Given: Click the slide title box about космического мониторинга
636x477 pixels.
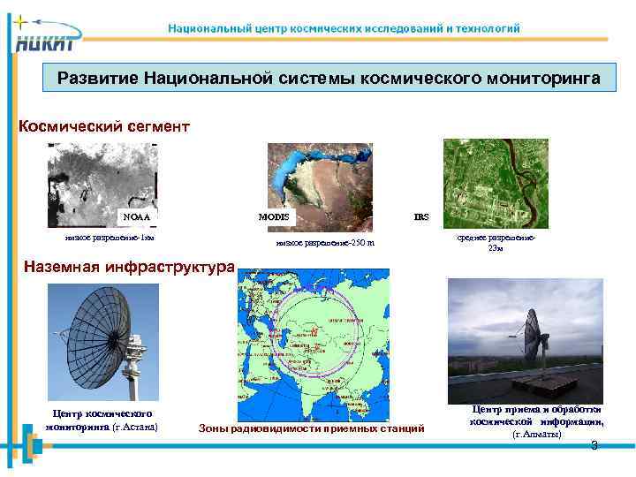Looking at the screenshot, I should [x=329, y=79].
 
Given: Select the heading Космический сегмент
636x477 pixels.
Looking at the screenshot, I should [x=104, y=126].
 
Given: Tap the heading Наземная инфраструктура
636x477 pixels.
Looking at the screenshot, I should [x=129, y=264].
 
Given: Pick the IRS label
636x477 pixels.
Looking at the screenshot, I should [x=421, y=216].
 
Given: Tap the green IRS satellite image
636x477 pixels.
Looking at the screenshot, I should [x=495, y=184].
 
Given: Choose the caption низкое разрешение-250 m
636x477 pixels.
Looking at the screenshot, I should [x=325, y=243].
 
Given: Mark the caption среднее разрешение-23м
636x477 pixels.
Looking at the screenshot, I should [x=496, y=243].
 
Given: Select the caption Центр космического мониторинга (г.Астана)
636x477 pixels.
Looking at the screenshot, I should [x=102, y=420].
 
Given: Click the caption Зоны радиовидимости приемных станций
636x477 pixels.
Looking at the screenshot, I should [x=314, y=428].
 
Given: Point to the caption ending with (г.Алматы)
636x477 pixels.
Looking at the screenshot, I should [x=536, y=422].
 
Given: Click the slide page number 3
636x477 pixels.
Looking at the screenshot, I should [x=594, y=445].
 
